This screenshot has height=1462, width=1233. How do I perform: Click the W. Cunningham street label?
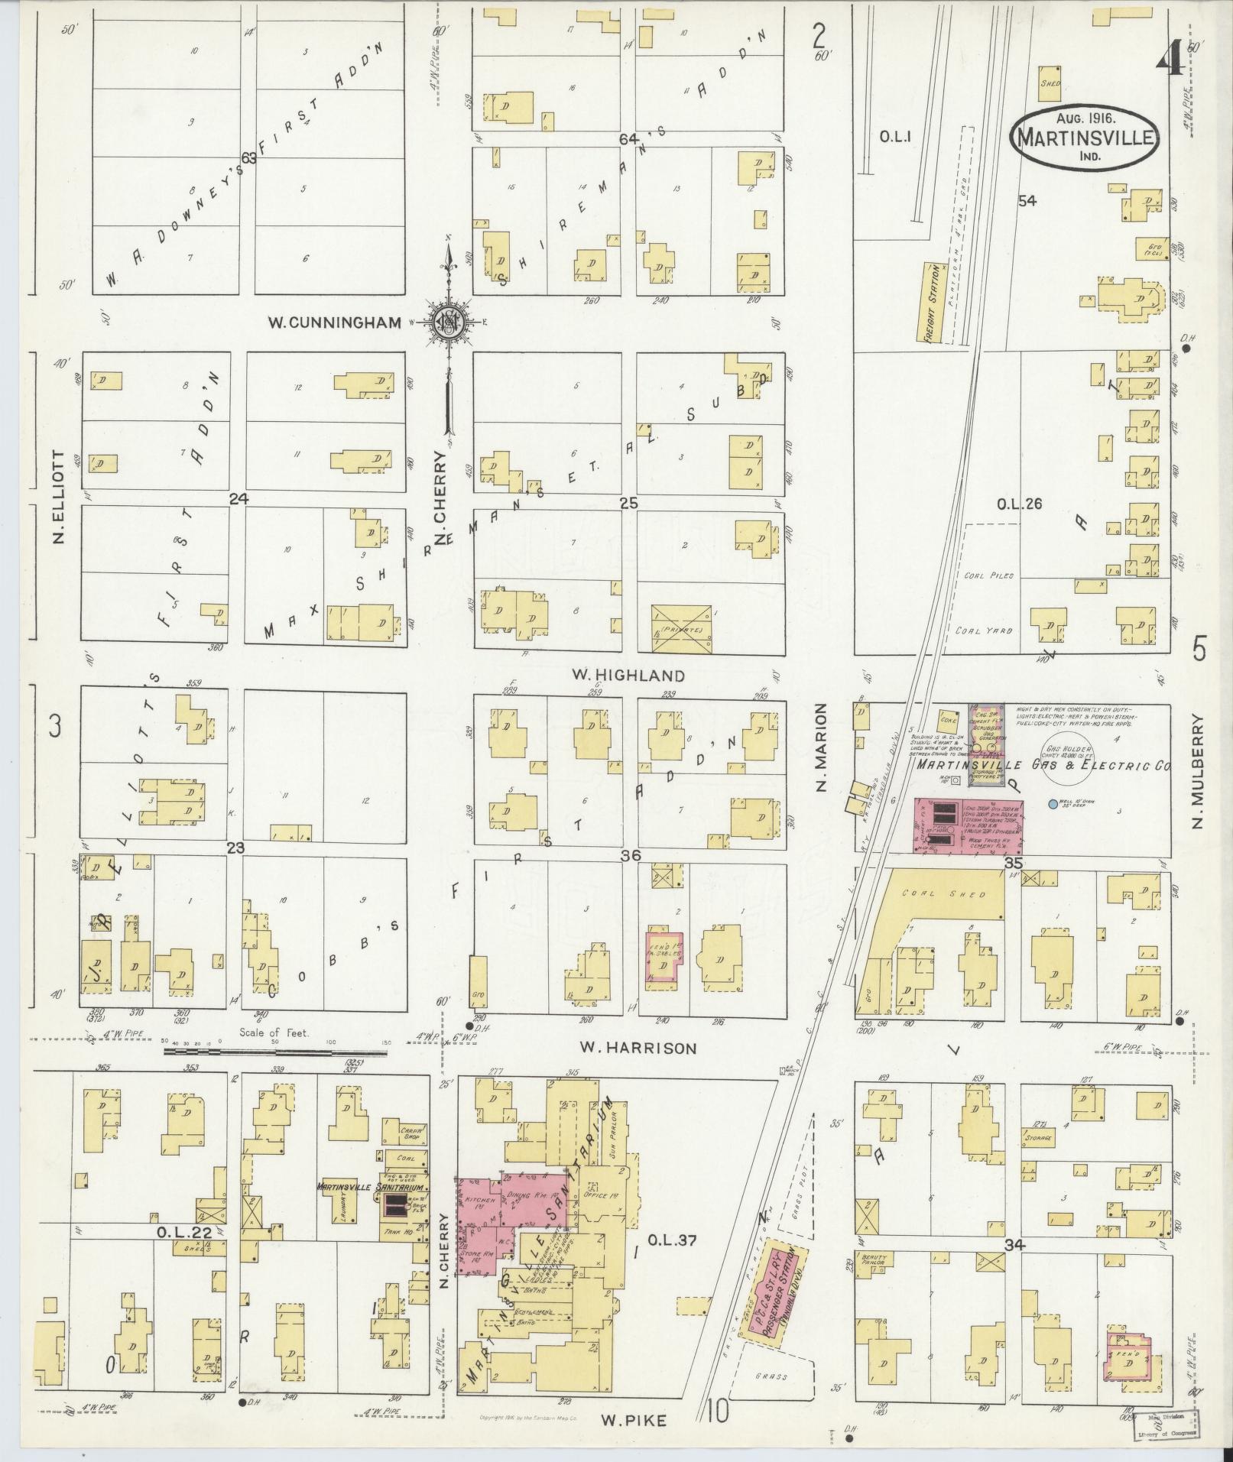pyautogui.click(x=333, y=323)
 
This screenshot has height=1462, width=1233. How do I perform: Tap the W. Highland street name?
pyautogui.click(x=628, y=676)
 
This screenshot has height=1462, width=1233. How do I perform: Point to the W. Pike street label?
pyautogui.click(x=634, y=1421)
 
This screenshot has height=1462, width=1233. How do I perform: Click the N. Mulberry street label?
pyautogui.click(x=1198, y=771)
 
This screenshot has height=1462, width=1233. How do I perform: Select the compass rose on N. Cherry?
pyautogui.click(x=448, y=323)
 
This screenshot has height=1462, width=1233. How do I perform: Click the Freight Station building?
pyautogui.click(x=932, y=302)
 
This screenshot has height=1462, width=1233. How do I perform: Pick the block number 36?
pyautogui.click(x=630, y=857)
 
